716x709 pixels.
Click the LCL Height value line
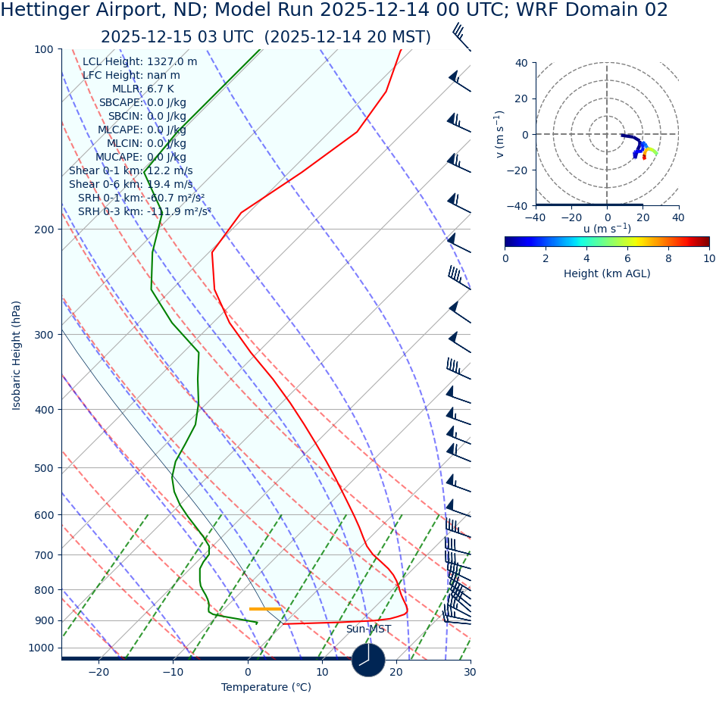tap(139, 62)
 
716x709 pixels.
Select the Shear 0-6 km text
tap(130, 185)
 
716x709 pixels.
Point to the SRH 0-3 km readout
tap(144, 212)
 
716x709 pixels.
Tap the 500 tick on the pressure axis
tap(44, 468)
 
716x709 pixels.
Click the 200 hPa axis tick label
tap(44, 230)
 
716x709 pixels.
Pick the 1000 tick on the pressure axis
tap(41, 648)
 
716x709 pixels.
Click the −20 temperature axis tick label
tap(98, 673)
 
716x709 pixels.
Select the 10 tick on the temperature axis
tap(322, 673)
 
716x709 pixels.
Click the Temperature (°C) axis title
tap(266, 688)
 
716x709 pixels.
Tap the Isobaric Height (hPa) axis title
tap(17, 355)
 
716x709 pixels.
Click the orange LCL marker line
tap(265, 609)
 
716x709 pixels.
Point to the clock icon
tap(368, 660)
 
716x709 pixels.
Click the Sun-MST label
tap(368, 629)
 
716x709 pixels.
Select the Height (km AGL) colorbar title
tap(607, 274)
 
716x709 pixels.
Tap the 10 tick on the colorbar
tap(709, 258)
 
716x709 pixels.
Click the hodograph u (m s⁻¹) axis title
tap(607, 230)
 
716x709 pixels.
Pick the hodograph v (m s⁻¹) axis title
tap(500, 134)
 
